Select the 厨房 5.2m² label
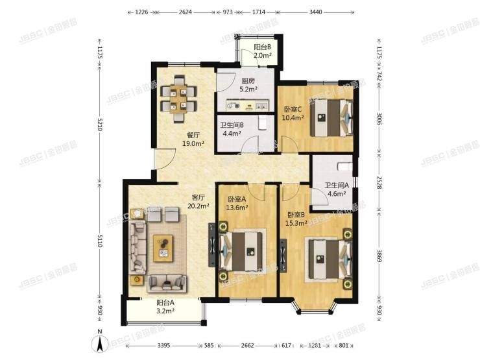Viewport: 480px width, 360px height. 248,86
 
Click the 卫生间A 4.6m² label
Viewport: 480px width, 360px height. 337,188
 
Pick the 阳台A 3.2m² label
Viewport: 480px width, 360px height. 165,307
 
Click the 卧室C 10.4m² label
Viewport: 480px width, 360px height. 294,114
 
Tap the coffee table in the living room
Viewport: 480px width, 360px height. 164,246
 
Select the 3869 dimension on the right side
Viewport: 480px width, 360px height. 380,263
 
